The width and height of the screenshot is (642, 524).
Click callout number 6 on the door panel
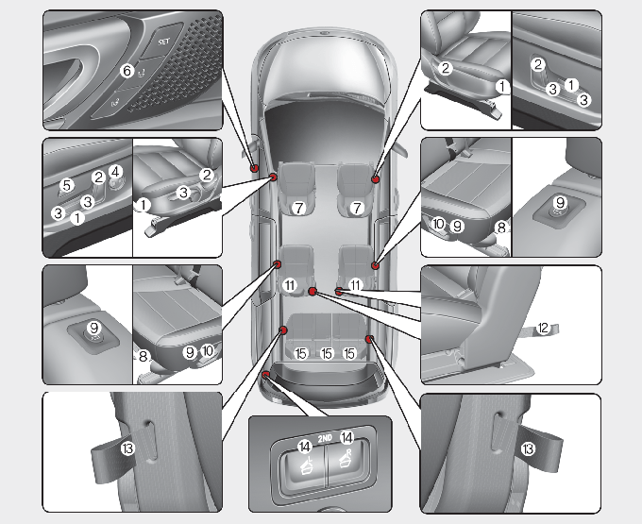pos(127,70)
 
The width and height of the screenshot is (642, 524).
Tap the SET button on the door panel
pos(162,42)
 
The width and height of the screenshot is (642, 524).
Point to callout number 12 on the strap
pos(543,328)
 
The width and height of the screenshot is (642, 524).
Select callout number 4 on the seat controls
pos(115,172)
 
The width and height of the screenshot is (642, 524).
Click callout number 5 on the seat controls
pos(67,185)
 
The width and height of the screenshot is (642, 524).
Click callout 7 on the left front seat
pos(297,207)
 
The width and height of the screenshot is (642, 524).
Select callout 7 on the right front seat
pos(357,207)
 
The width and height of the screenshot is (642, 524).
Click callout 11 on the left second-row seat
pos(290,284)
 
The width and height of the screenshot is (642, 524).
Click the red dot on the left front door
pos(255,167)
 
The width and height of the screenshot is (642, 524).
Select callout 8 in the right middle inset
pos(500,228)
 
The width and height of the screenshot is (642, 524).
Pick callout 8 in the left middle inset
pos(144,357)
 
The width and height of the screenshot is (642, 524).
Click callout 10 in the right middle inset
pos(438,224)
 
